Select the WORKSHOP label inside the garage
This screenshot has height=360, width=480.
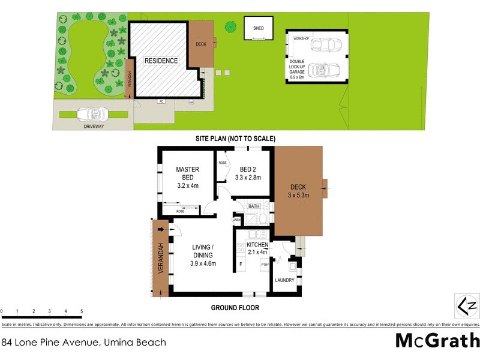(301, 38)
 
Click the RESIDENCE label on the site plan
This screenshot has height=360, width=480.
(161, 61)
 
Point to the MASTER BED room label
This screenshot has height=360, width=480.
(187, 173)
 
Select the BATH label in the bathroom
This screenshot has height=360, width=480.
(254, 207)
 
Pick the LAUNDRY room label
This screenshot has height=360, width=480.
(284, 280)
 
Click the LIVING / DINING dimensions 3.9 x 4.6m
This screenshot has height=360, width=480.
(203, 263)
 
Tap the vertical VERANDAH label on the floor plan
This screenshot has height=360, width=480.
(161, 258)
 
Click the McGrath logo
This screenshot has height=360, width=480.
(437, 341)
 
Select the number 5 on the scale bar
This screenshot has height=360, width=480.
(82, 311)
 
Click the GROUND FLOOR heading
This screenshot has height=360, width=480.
(235, 308)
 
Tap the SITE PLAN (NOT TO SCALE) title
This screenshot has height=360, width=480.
(235, 139)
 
